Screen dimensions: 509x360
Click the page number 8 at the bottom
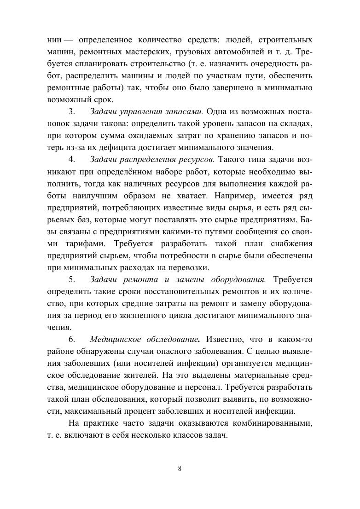180,469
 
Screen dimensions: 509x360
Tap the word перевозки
189,267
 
